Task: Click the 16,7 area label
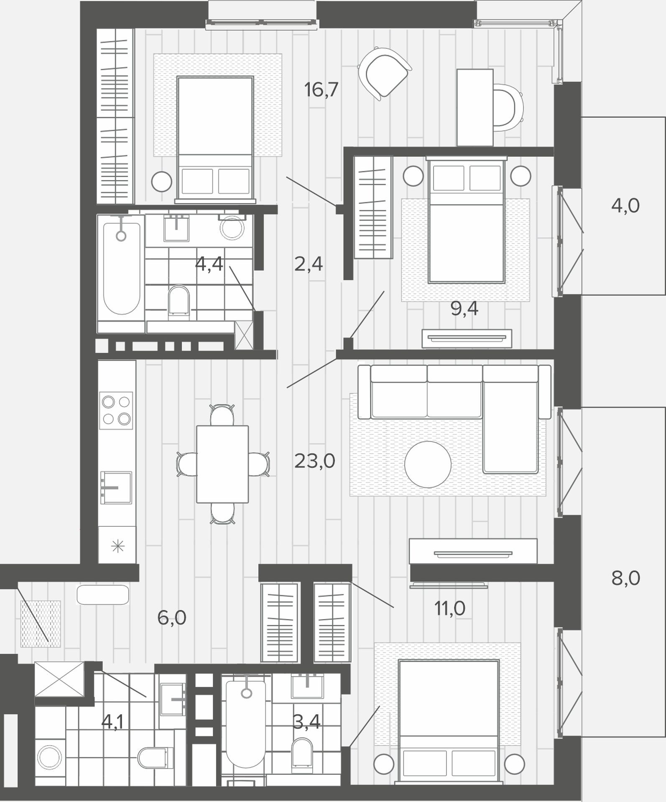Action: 321,90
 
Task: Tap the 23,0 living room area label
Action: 315,461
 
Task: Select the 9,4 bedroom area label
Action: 464,309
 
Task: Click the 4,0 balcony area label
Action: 625,206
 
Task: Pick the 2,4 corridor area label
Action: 309,264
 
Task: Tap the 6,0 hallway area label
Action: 172,617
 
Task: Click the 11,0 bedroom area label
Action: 450,609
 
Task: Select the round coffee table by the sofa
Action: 428,464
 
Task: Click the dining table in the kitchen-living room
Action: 222,464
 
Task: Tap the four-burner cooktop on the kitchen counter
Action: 116,410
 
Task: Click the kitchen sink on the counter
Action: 116,487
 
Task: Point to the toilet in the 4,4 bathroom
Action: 179,300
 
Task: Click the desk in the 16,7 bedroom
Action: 475,107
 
